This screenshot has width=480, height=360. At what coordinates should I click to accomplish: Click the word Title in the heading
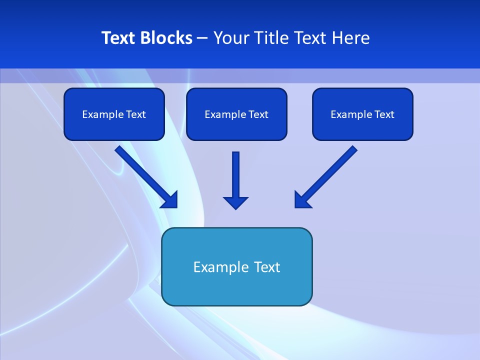click(272, 38)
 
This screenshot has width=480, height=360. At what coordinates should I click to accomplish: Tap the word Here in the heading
click(351, 38)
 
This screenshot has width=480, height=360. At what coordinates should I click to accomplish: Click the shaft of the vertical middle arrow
click(235, 172)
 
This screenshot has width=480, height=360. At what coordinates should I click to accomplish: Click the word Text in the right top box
click(384, 114)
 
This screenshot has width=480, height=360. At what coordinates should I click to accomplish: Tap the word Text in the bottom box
click(267, 267)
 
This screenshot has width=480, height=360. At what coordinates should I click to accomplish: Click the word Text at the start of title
click(118, 38)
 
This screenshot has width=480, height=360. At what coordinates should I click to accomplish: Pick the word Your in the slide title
click(230, 38)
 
